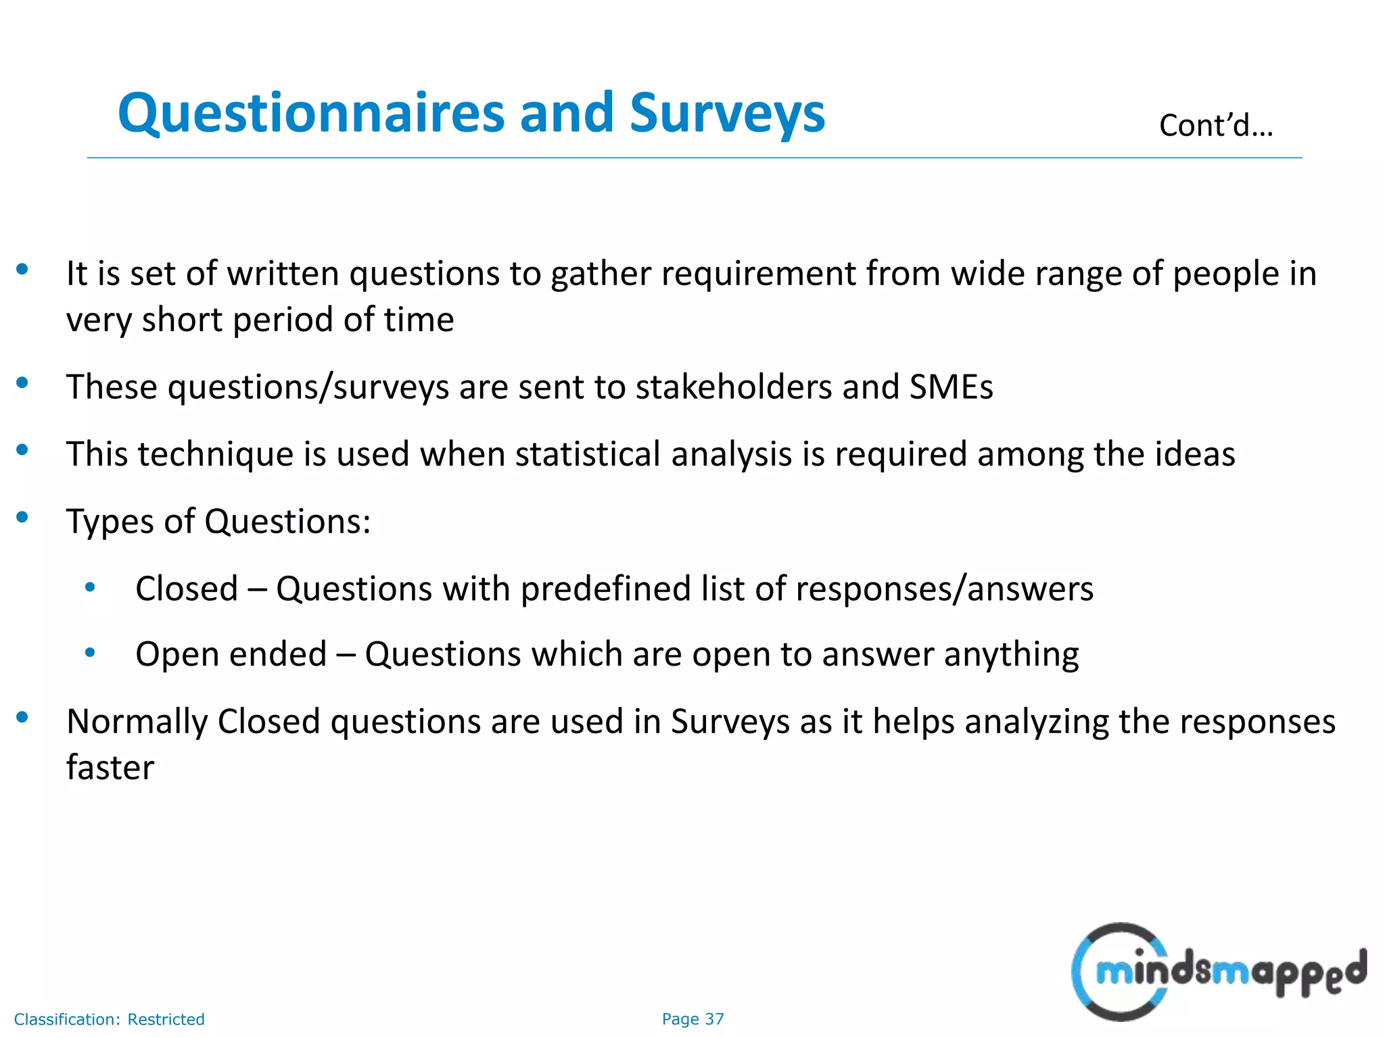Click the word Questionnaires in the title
[311, 114]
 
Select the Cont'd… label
[1216, 126]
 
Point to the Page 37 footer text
[692, 1019]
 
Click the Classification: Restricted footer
[109, 1019]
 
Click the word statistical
[588, 453]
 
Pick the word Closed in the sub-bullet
[187, 589]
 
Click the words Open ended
[231, 654]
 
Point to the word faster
[110, 767]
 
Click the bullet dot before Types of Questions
[22, 518]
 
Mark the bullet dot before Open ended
[90, 653]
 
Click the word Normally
[137, 722]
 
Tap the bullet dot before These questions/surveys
[22, 383]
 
